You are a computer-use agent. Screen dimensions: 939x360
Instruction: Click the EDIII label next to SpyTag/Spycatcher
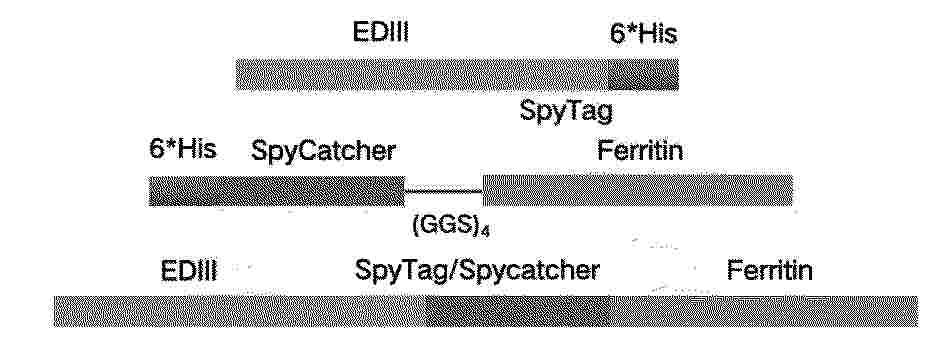point(189,271)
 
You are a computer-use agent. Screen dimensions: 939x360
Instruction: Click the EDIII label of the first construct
point(380,32)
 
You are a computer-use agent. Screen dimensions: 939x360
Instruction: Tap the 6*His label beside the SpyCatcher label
point(183,149)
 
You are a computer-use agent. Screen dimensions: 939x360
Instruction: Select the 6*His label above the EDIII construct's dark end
point(643,34)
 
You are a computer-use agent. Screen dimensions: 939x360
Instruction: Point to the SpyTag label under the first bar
point(566,111)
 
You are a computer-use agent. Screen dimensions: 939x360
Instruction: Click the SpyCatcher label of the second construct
point(323,152)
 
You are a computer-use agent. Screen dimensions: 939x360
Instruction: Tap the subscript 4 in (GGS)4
point(486,231)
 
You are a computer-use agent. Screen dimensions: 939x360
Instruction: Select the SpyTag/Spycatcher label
point(477,271)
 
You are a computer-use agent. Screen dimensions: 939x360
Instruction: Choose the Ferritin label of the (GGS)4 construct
point(640,152)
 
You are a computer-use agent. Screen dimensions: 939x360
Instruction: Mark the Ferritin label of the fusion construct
point(770,271)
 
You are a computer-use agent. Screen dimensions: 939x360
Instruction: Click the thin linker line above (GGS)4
point(444,191)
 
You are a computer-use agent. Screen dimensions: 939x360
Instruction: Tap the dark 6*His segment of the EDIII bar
point(644,74)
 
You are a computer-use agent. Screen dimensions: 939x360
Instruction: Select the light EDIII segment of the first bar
point(422,74)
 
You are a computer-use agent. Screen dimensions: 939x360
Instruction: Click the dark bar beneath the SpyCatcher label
point(277,190)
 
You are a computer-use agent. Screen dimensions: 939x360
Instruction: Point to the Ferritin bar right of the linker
point(638,190)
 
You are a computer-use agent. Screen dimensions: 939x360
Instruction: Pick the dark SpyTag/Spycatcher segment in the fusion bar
point(518,311)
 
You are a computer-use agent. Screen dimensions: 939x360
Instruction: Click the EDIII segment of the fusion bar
point(240,311)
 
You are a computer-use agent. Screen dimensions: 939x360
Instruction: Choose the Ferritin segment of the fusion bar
point(764,311)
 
